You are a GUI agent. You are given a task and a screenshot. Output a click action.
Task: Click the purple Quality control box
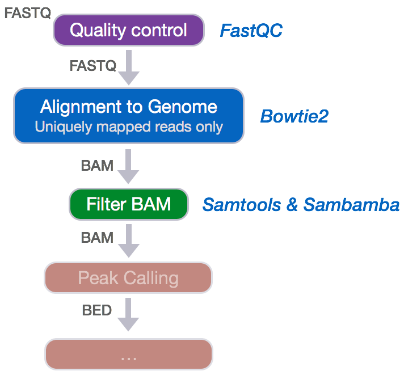point(128,30)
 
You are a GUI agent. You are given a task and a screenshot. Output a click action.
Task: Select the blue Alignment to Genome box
point(128,115)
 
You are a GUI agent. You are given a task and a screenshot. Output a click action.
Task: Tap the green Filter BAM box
point(128,204)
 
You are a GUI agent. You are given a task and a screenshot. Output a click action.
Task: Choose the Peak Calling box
point(128,278)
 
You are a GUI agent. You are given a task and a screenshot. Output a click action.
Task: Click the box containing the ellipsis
point(128,355)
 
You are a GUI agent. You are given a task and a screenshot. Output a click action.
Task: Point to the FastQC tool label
point(251,31)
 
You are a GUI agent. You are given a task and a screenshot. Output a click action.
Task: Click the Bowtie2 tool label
point(294,116)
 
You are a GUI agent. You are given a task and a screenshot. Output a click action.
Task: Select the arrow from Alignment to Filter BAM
point(128,167)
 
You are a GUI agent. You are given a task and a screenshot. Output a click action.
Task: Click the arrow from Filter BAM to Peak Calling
point(128,241)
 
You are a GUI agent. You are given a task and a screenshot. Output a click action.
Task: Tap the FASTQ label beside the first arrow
point(92,66)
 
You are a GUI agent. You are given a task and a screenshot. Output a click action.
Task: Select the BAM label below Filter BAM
point(97,237)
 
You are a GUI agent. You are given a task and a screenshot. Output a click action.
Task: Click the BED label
point(97,310)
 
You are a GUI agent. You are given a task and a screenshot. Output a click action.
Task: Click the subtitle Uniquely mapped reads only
point(128,126)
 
